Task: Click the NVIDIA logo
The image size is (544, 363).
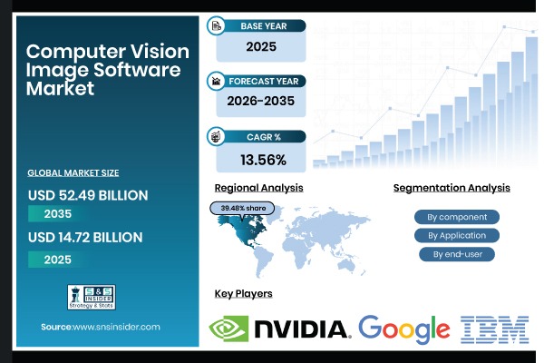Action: (279, 329)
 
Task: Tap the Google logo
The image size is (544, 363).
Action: (403, 329)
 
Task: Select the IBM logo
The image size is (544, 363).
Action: (494, 329)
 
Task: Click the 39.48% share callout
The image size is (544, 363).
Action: (243, 208)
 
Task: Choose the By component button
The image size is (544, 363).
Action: (457, 217)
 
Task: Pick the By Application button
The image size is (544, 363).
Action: (457, 235)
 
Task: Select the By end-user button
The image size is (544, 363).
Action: (457, 254)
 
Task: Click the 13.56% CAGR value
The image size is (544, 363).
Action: (264, 161)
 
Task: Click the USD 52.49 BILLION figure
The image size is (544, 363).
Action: (88, 195)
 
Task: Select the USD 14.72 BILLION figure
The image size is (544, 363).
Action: (85, 238)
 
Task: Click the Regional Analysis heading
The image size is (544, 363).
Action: (258, 188)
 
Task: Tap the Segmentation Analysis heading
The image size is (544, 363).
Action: (452, 188)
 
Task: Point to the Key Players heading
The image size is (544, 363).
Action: (243, 293)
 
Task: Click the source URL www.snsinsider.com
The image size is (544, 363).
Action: (115, 326)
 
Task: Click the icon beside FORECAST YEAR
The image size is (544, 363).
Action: (217, 80)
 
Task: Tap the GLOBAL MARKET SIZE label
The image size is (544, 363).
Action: (73, 172)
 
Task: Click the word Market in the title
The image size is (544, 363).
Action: (60, 89)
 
